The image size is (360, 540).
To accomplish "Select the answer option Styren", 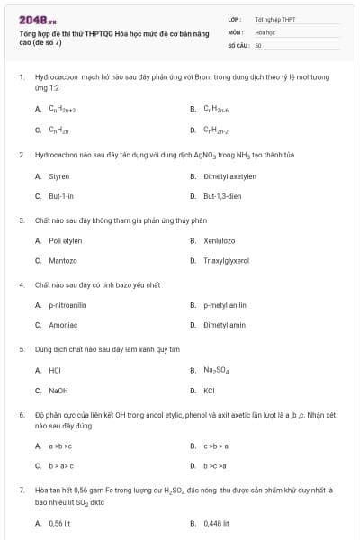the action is pyautogui.click(x=58, y=176).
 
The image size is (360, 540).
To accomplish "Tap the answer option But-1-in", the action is pyautogui.click(x=61, y=195).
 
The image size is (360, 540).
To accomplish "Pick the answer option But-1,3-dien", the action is pyautogui.click(x=222, y=195).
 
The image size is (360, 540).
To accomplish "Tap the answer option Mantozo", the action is pyautogui.click(x=63, y=260).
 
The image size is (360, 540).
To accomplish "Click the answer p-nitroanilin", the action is pyautogui.click(x=67, y=305).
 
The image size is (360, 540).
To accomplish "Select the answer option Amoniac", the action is pyautogui.click(x=63, y=325).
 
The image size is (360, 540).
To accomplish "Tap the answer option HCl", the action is pyautogui.click(x=55, y=370).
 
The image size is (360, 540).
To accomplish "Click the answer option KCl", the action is pyautogui.click(x=209, y=391).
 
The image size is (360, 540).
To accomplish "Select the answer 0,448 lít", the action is pyautogui.click(x=217, y=522).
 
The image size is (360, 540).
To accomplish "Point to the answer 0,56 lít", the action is pyautogui.click(x=60, y=522).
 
